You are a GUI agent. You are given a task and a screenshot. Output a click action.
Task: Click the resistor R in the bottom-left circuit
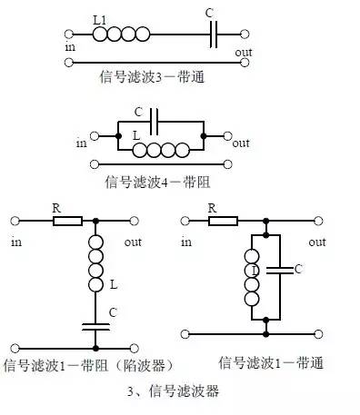pos(67,220)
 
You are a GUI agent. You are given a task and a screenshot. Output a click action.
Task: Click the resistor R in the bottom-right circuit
pos(223,220)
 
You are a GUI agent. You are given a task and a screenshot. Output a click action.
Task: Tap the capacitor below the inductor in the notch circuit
pos(95,325)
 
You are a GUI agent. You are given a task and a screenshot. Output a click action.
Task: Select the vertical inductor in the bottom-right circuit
pos(251,273)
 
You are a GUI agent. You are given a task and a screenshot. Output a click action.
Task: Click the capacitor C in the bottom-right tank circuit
pos(284,270)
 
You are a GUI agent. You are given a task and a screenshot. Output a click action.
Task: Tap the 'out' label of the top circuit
pos(244,53)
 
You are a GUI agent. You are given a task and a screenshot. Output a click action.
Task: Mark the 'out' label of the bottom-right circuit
pos(316,242)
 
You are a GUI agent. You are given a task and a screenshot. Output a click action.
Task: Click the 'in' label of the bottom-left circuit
pos(15,242)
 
